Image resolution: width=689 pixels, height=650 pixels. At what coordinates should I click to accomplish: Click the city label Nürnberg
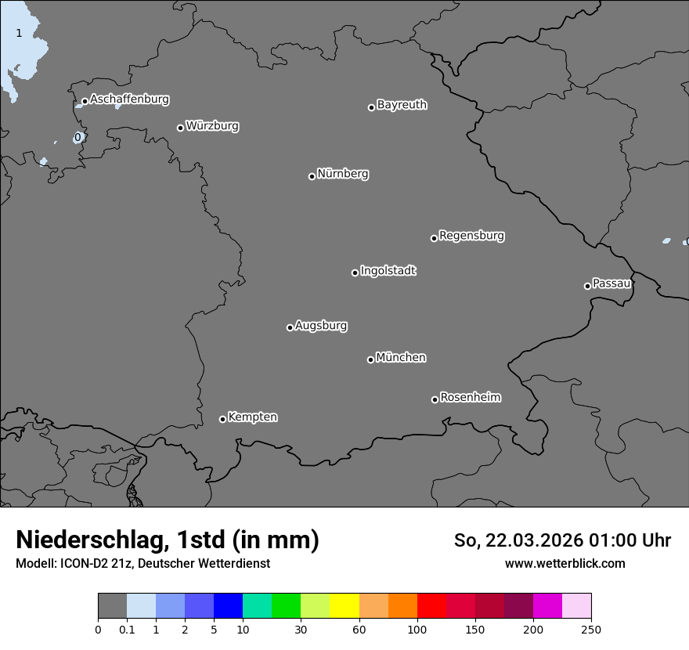tap(342, 174)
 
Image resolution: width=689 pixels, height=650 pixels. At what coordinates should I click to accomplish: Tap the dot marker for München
tap(370, 360)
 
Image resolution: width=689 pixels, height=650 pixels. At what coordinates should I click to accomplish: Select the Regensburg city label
tap(471, 236)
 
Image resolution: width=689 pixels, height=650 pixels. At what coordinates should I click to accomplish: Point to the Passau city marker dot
tap(587, 286)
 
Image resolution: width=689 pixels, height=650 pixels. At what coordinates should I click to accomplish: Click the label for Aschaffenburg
tap(129, 99)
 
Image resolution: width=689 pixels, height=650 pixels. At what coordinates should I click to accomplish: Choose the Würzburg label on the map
tap(212, 126)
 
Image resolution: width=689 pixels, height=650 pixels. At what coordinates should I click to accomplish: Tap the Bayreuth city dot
tap(371, 107)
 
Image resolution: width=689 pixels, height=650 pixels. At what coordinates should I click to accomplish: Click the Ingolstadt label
tap(388, 271)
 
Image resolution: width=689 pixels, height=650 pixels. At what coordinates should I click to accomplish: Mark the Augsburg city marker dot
tap(290, 327)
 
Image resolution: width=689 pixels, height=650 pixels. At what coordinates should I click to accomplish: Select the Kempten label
tap(252, 417)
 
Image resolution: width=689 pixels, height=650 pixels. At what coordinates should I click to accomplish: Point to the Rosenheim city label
tap(470, 398)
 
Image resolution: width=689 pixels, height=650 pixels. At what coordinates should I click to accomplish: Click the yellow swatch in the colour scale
tap(344, 606)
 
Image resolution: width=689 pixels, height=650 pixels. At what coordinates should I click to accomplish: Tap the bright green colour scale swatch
tap(286, 606)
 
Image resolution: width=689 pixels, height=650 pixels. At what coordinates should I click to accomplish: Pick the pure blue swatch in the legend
tap(228, 606)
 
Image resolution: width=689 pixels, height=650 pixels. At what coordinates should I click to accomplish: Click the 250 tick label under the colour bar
tap(591, 629)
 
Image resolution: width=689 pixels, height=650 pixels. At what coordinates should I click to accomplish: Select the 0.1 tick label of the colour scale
tap(127, 629)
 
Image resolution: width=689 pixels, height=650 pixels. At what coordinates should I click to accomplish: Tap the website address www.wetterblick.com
tap(565, 564)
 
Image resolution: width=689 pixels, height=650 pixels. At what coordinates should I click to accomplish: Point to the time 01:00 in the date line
tap(610, 540)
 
